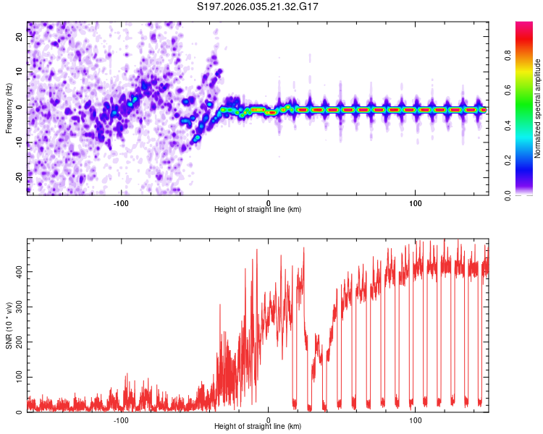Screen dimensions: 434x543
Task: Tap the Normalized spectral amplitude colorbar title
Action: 538,109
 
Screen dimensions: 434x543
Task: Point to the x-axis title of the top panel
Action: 258,210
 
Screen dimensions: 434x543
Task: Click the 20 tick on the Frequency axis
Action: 19,38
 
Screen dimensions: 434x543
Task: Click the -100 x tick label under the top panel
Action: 121,202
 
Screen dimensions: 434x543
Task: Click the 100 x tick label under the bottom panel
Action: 416,420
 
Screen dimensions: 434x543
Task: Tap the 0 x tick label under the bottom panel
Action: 269,420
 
